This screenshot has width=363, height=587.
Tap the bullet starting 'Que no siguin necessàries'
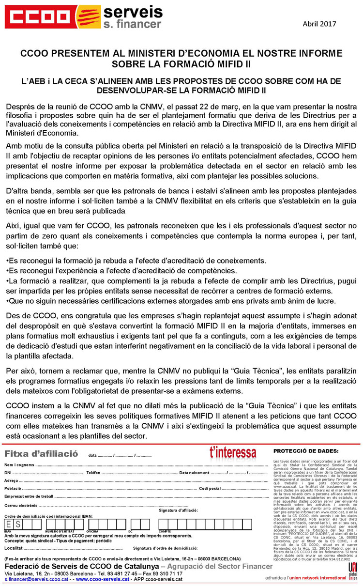tap(148, 301)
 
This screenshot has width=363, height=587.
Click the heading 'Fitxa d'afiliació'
tap(41, 453)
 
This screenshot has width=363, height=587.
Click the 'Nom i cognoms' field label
tap(19, 465)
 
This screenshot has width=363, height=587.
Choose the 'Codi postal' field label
tap(210, 488)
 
